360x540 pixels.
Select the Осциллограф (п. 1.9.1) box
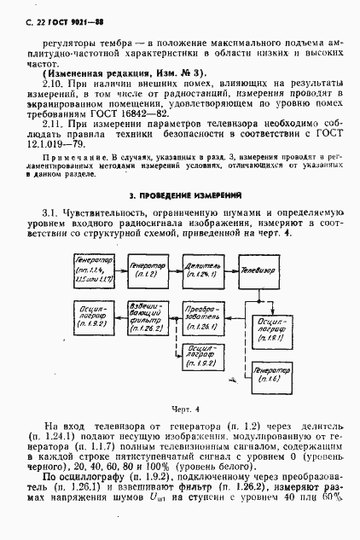[270, 326]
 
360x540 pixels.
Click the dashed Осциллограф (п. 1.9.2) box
[205, 357]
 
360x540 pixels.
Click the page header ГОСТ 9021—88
[62, 10]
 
